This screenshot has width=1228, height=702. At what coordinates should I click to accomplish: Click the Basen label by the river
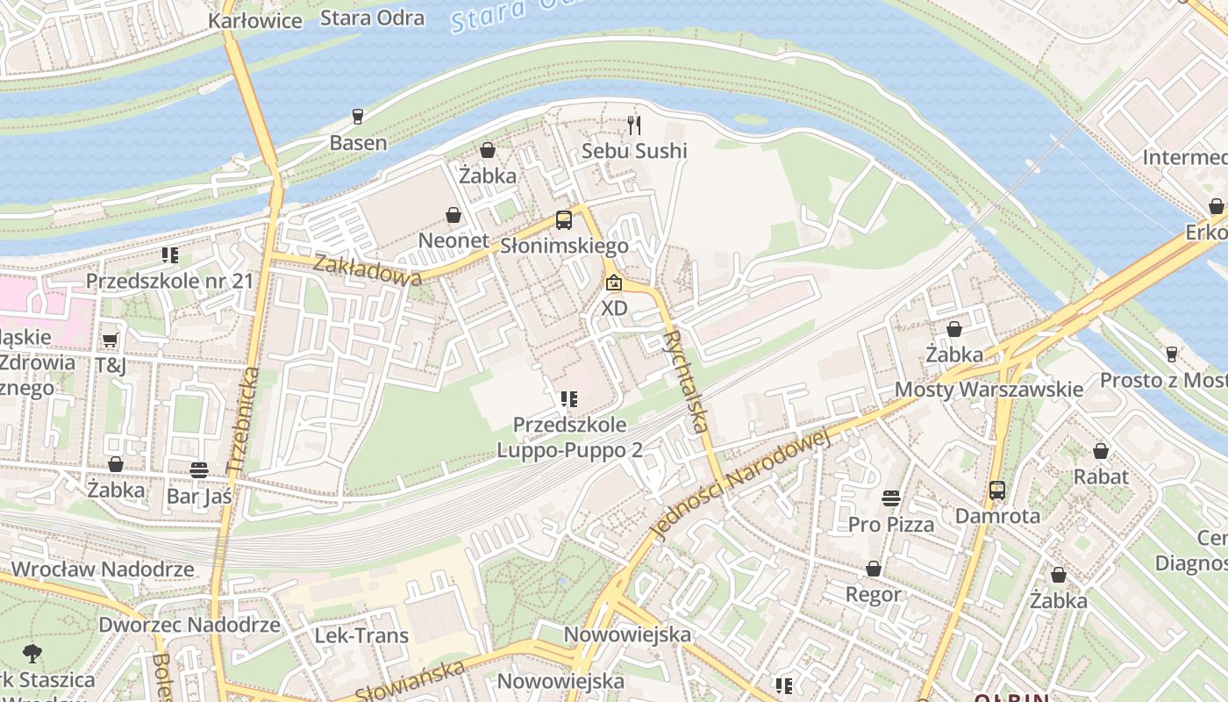[x=358, y=142]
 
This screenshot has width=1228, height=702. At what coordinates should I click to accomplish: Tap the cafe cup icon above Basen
[x=357, y=116]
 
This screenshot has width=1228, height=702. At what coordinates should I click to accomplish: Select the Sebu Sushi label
[x=634, y=151]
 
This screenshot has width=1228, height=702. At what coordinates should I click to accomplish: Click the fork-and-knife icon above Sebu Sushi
[x=634, y=125]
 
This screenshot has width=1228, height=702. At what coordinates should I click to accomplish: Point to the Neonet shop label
[x=453, y=240]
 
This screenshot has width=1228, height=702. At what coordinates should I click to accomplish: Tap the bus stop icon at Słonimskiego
[x=564, y=220]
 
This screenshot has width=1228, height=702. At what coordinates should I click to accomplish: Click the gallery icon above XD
[x=614, y=283]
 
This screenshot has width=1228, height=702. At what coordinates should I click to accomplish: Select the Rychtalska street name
[x=685, y=382]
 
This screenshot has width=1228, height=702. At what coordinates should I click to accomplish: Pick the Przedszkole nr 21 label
[x=169, y=281]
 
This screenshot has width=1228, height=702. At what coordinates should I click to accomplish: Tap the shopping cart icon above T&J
[x=110, y=340]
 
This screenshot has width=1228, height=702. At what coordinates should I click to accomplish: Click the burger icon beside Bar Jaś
[x=199, y=469]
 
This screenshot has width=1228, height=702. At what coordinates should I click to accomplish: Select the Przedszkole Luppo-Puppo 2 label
[x=569, y=437]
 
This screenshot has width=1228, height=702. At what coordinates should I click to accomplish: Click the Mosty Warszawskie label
[x=989, y=389]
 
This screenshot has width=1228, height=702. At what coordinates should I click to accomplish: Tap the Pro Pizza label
[x=890, y=524]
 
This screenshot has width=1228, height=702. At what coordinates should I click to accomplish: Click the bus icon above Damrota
[x=997, y=490]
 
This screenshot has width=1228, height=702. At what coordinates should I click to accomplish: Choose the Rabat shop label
[x=1101, y=476]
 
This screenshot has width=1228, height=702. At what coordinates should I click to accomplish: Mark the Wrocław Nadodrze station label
[x=103, y=569]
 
